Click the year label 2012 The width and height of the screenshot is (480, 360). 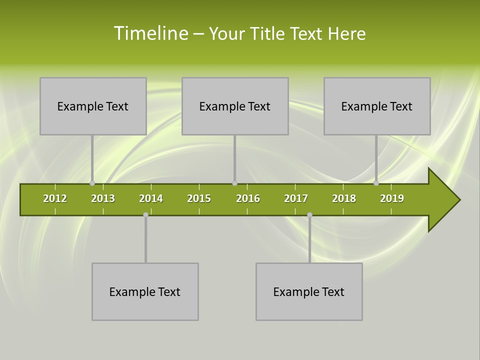(x=55, y=198)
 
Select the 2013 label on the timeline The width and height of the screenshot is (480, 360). (x=103, y=198)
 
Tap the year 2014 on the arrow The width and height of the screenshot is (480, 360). (x=151, y=198)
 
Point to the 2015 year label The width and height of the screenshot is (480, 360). (x=199, y=198)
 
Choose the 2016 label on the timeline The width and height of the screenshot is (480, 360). (x=248, y=198)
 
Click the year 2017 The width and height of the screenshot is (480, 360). (x=296, y=198)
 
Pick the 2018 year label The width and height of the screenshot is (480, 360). (x=344, y=198)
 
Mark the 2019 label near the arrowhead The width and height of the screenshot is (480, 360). (x=392, y=198)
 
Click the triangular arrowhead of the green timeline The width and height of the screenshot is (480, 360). (x=443, y=200)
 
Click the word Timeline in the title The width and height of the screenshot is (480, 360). (x=150, y=33)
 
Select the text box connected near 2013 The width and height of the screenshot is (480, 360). (x=93, y=106)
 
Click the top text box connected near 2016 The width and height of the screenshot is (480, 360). (x=235, y=106)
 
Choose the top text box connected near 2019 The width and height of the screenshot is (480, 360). (x=377, y=106)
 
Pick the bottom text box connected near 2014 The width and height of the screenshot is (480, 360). (x=145, y=291)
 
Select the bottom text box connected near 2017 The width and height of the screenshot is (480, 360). (x=309, y=291)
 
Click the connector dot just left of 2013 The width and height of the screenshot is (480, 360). (x=92, y=183)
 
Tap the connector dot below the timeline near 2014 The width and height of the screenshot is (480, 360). (x=145, y=214)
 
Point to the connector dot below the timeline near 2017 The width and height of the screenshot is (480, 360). (x=309, y=214)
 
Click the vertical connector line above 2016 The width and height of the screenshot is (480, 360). (x=234, y=157)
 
